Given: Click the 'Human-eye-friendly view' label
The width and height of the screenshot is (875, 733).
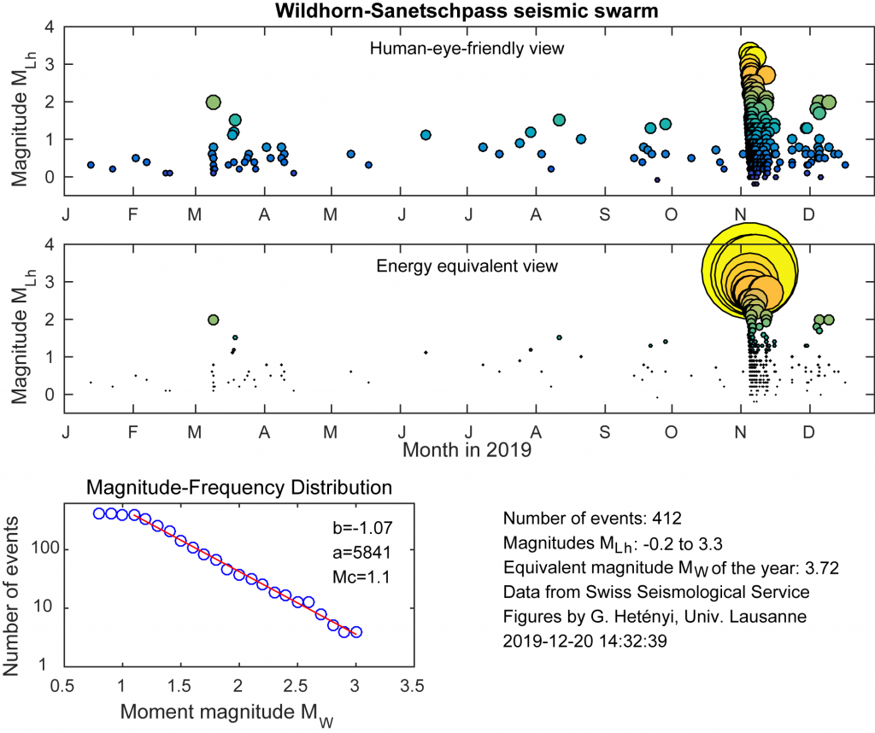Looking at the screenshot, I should (x=467, y=48).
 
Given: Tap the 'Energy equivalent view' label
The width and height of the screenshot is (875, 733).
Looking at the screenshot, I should (x=467, y=266).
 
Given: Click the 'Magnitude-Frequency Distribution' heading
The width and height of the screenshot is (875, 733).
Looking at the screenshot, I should (x=239, y=489).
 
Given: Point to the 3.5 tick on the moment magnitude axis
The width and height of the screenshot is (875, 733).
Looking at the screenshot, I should (x=414, y=686).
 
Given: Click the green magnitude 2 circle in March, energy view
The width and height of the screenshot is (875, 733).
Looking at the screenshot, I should (x=214, y=320).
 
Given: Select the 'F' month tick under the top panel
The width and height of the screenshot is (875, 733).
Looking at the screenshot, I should (x=133, y=209).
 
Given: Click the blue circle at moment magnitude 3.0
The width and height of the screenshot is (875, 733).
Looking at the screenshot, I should (x=356, y=632).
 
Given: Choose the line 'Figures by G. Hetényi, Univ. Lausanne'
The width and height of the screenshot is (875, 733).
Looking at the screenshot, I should (x=641, y=613).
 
